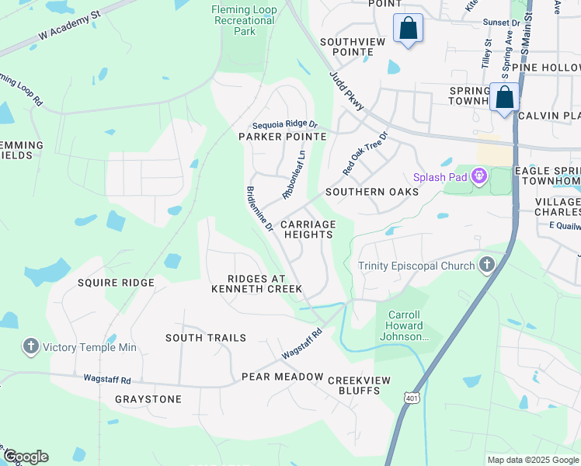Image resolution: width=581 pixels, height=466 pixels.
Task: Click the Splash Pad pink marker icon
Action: tap(480, 178)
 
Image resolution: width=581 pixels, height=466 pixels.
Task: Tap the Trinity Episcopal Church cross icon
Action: tap(486, 266)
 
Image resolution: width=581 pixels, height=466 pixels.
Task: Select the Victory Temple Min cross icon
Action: tap(30, 346)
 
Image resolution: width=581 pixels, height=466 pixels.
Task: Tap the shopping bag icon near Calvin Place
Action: tap(504, 99)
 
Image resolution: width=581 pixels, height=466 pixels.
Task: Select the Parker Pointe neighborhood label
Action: tap(282, 137)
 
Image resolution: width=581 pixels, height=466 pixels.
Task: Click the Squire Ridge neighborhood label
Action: tap(116, 283)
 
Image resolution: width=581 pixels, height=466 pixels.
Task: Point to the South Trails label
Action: tap(206, 338)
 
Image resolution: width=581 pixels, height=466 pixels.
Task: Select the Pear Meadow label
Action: tap(282, 377)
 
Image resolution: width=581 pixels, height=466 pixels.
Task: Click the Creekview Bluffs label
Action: tap(358, 385)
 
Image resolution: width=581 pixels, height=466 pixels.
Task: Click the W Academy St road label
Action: tap(70, 26)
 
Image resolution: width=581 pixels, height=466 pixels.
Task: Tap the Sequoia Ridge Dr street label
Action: tap(285, 124)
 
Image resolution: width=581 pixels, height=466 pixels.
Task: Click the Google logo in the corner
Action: tap(25, 457)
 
